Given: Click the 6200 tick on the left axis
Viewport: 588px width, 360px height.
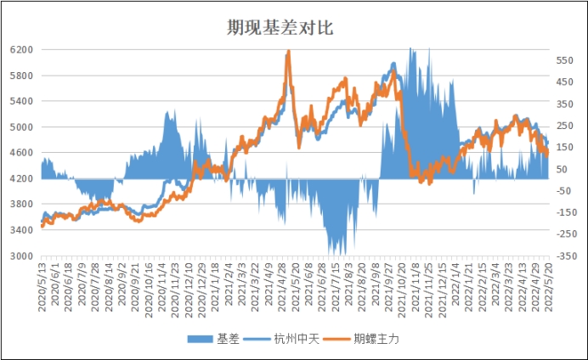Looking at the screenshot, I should click(x=21, y=50).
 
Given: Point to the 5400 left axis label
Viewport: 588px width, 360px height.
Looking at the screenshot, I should click(x=21, y=101).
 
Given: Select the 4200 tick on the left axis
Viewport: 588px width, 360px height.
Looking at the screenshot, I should click(x=21, y=178).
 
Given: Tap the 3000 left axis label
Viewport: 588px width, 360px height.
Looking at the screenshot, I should click(x=21, y=256).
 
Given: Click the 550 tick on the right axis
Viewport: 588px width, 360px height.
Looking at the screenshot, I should click(x=567, y=61).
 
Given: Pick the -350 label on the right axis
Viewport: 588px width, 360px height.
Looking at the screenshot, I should click(x=567, y=256).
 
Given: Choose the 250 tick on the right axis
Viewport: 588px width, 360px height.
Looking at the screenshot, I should click(x=567, y=126).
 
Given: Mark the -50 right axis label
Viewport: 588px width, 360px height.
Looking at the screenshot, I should click(x=567, y=191).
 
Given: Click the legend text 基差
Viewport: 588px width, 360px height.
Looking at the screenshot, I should click(x=228, y=338).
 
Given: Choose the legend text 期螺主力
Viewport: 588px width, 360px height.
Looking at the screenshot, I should click(x=376, y=338).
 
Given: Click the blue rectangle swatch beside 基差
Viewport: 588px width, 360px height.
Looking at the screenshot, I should click(x=201, y=338).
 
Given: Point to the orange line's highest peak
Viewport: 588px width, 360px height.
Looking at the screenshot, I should click(x=288, y=53).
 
